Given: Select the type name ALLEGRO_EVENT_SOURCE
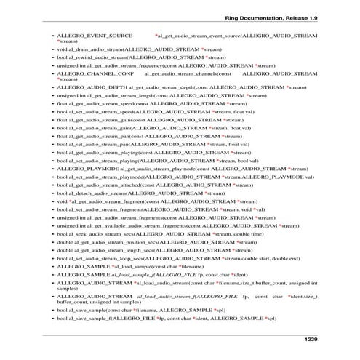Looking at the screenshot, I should point(94,35).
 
